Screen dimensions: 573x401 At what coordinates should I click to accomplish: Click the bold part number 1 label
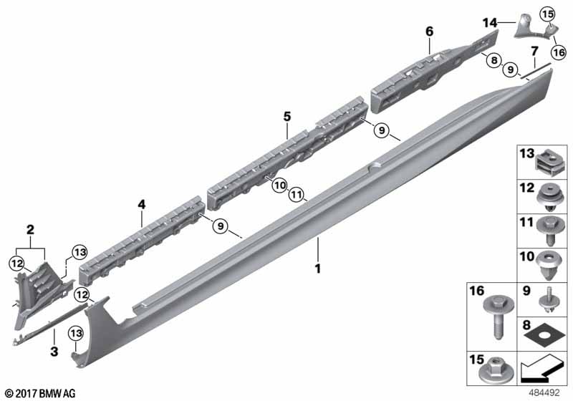pyautogui.click(x=318, y=269)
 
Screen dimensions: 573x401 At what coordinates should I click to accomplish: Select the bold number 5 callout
pyautogui.click(x=287, y=117)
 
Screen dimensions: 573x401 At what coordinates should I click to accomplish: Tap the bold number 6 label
pyautogui.click(x=429, y=32)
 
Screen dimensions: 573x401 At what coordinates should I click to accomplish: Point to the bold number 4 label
pyautogui.click(x=141, y=205)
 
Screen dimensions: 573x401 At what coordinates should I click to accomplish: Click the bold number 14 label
pyautogui.click(x=490, y=23)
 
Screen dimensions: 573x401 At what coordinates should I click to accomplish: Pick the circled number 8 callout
pyautogui.click(x=494, y=60)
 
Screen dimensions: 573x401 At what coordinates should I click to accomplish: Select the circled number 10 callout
pyautogui.click(x=280, y=185)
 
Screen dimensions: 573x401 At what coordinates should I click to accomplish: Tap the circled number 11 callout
pyautogui.click(x=297, y=194)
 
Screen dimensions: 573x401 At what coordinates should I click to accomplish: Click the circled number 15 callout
pyautogui.click(x=547, y=14)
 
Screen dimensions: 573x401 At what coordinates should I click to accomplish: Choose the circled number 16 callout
pyautogui.click(x=559, y=52)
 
